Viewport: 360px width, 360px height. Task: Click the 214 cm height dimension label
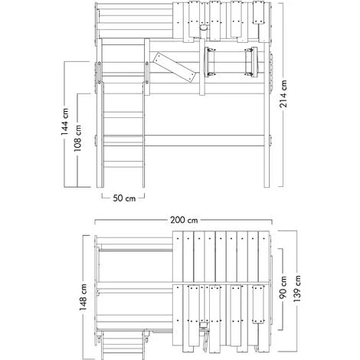click(x=283, y=93)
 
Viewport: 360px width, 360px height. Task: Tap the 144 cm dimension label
click(x=64, y=122)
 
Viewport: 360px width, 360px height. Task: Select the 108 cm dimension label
click(x=77, y=138)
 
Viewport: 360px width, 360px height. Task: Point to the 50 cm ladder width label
click(x=124, y=198)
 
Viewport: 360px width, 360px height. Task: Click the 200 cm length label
click(x=184, y=220)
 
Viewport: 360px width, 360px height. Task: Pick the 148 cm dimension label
click(x=83, y=297)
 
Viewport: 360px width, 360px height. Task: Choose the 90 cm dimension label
click(x=283, y=287)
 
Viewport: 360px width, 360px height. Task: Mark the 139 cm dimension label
click(x=296, y=289)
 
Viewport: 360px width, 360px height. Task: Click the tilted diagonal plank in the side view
click(x=175, y=68)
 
